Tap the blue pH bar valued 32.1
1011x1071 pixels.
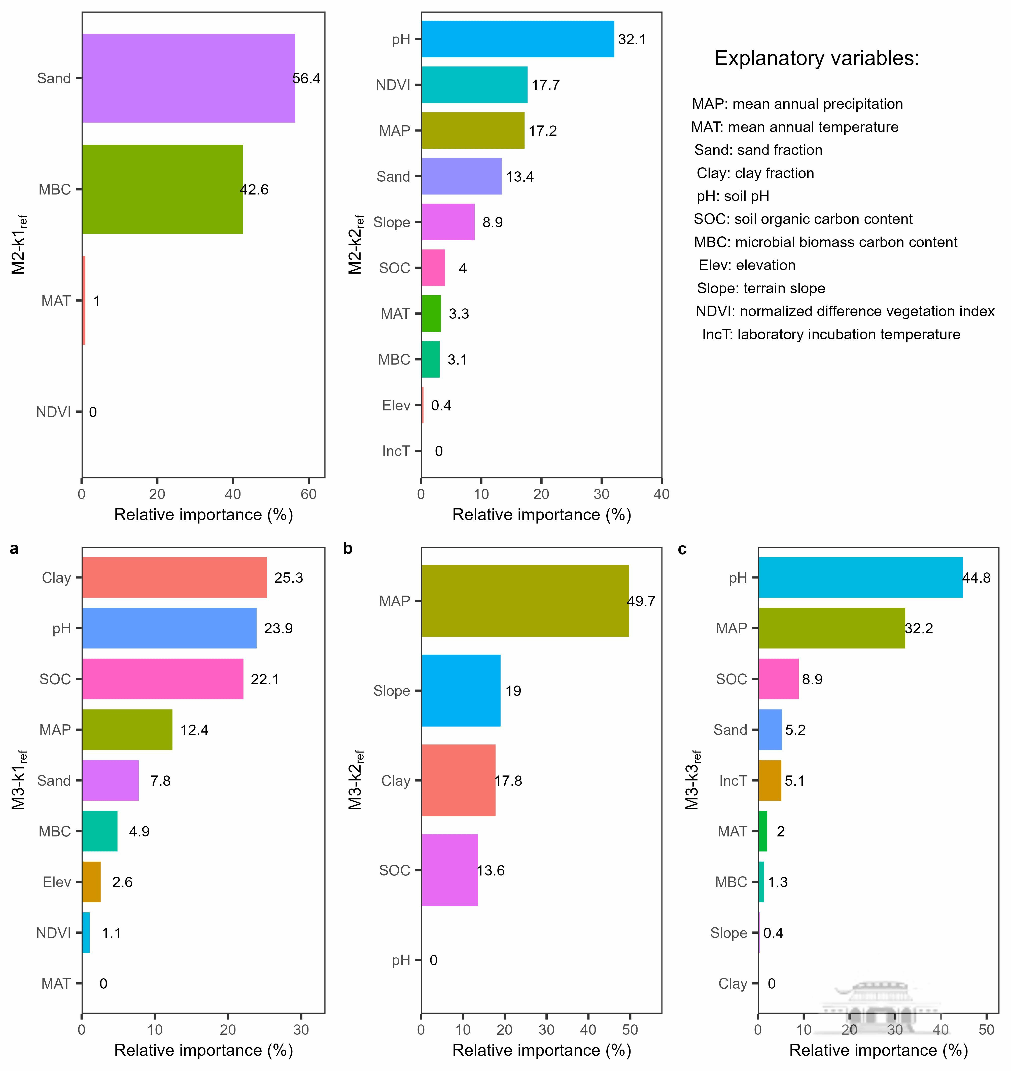tap(517, 39)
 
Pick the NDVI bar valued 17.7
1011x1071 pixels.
tap(474, 85)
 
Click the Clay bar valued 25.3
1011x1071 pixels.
tap(174, 577)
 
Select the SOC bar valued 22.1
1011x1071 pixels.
tap(162, 679)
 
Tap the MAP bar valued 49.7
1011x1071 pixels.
tap(525, 601)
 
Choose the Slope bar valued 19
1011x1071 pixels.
tap(461, 691)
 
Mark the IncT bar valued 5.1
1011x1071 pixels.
tap(770, 780)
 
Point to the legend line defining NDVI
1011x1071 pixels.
tap(845, 311)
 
